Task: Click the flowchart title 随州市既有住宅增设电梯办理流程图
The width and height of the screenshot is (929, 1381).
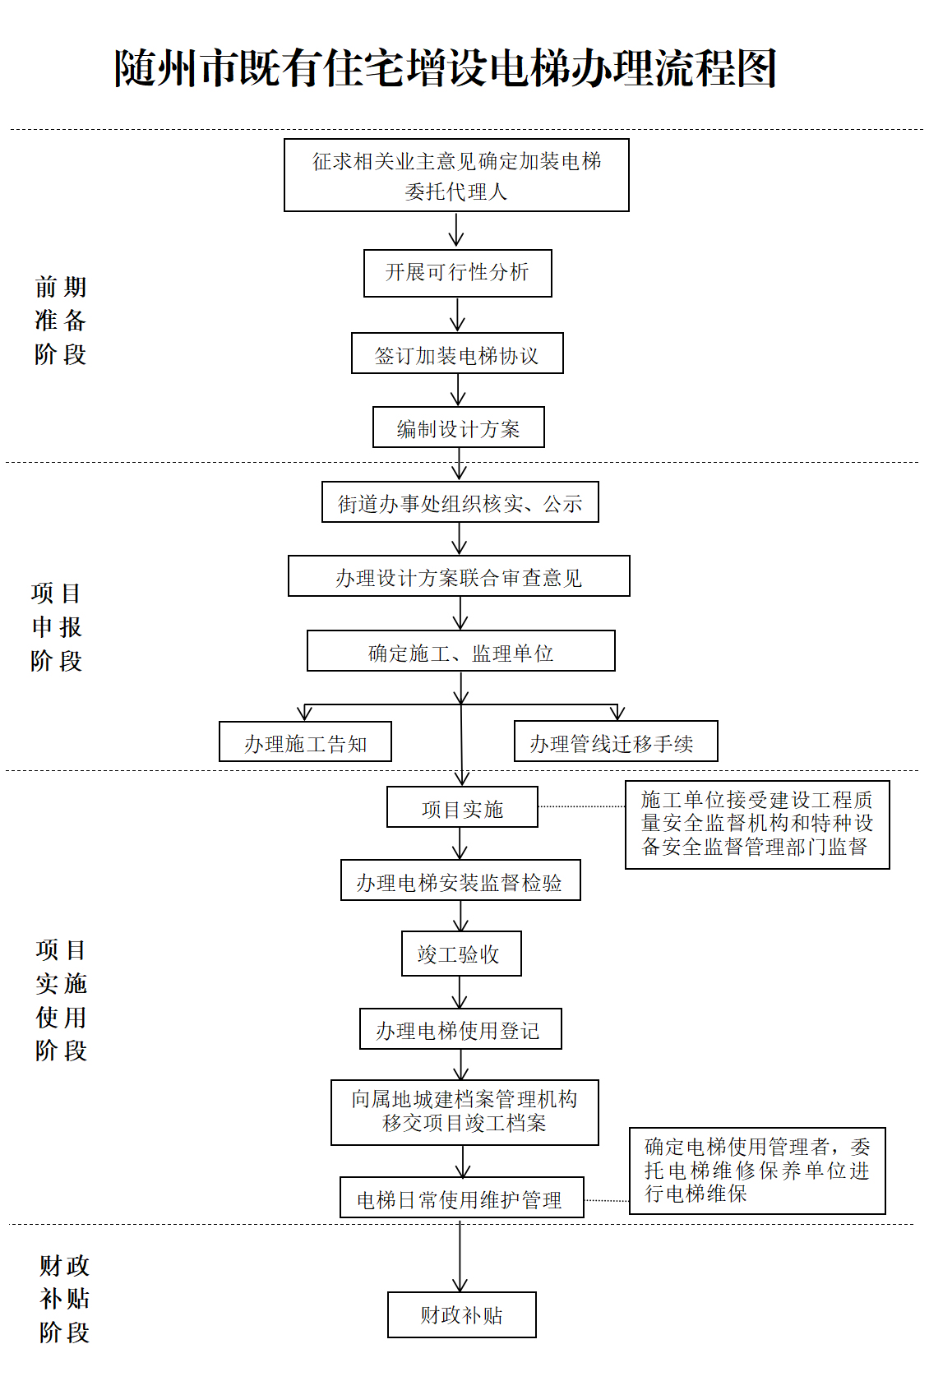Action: (x=445, y=67)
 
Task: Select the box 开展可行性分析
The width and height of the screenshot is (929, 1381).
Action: (x=457, y=273)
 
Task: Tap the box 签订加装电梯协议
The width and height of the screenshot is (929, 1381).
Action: (x=457, y=353)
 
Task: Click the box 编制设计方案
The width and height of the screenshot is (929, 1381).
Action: (x=459, y=427)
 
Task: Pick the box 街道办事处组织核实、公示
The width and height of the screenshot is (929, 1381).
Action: (x=460, y=501)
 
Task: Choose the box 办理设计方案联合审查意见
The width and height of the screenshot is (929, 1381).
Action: (x=460, y=575)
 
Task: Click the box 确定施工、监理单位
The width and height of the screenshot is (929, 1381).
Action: (x=461, y=650)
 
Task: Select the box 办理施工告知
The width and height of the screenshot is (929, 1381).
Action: (x=305, y=741)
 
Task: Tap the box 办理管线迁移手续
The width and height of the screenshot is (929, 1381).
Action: (x=616, y=741)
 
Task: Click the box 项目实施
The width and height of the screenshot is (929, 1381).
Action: (x=462, y=807)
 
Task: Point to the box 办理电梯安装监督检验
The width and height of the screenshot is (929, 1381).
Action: (x=460, y=880)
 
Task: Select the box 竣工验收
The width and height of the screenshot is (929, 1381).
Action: (x=461, y=954)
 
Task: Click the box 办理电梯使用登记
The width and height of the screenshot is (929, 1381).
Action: (x=460, y=1029)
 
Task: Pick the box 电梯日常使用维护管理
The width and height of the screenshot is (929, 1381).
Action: (x=462, y=1197)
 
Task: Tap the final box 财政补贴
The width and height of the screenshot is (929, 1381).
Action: (x=462, y=1315)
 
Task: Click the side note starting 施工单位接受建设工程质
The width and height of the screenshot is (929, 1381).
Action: (x=757, y=825)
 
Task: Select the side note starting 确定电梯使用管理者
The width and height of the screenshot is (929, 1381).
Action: (x=757, y=1171)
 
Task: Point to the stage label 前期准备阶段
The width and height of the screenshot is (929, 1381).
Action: (x=60, y=321)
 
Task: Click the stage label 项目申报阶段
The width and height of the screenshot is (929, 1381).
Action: (x=57, y=627)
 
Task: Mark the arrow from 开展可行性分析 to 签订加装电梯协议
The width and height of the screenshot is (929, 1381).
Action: (x=457, y=315)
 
